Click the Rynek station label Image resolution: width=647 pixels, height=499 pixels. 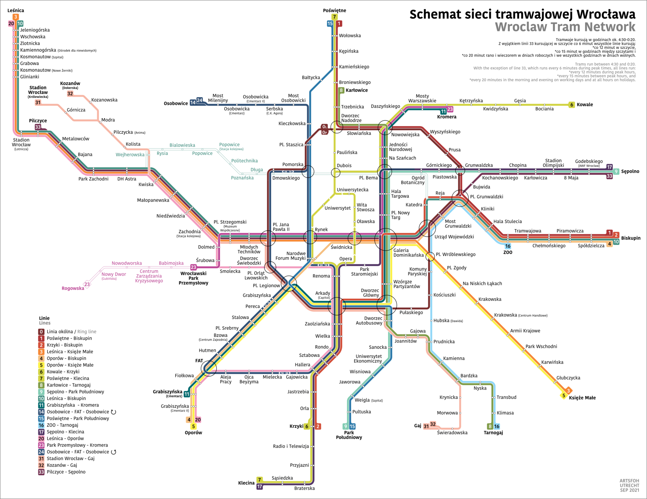321,229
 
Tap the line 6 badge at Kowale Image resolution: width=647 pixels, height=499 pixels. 571,105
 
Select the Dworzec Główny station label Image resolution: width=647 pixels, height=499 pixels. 371,293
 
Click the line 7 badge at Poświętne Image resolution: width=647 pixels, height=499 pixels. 334,17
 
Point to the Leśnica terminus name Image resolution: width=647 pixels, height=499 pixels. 15,10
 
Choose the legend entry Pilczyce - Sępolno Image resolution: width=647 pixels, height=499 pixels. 66,472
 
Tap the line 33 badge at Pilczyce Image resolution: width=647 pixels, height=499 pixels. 38,127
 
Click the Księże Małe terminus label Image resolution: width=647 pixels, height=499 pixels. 582,398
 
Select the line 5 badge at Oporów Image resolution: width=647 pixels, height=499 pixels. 193,426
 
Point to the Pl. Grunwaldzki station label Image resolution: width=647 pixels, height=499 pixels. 487,196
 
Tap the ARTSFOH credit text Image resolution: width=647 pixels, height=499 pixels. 629,481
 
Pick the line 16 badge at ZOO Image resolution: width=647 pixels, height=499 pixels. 508,246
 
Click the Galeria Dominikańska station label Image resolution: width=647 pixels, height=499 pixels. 408,253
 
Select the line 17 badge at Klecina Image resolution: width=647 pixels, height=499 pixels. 259,487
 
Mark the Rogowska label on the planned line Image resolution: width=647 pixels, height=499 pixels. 73,288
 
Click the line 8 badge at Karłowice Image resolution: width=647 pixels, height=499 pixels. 341,90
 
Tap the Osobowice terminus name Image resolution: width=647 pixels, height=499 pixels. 176,103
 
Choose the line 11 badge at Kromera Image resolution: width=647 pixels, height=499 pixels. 444,111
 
